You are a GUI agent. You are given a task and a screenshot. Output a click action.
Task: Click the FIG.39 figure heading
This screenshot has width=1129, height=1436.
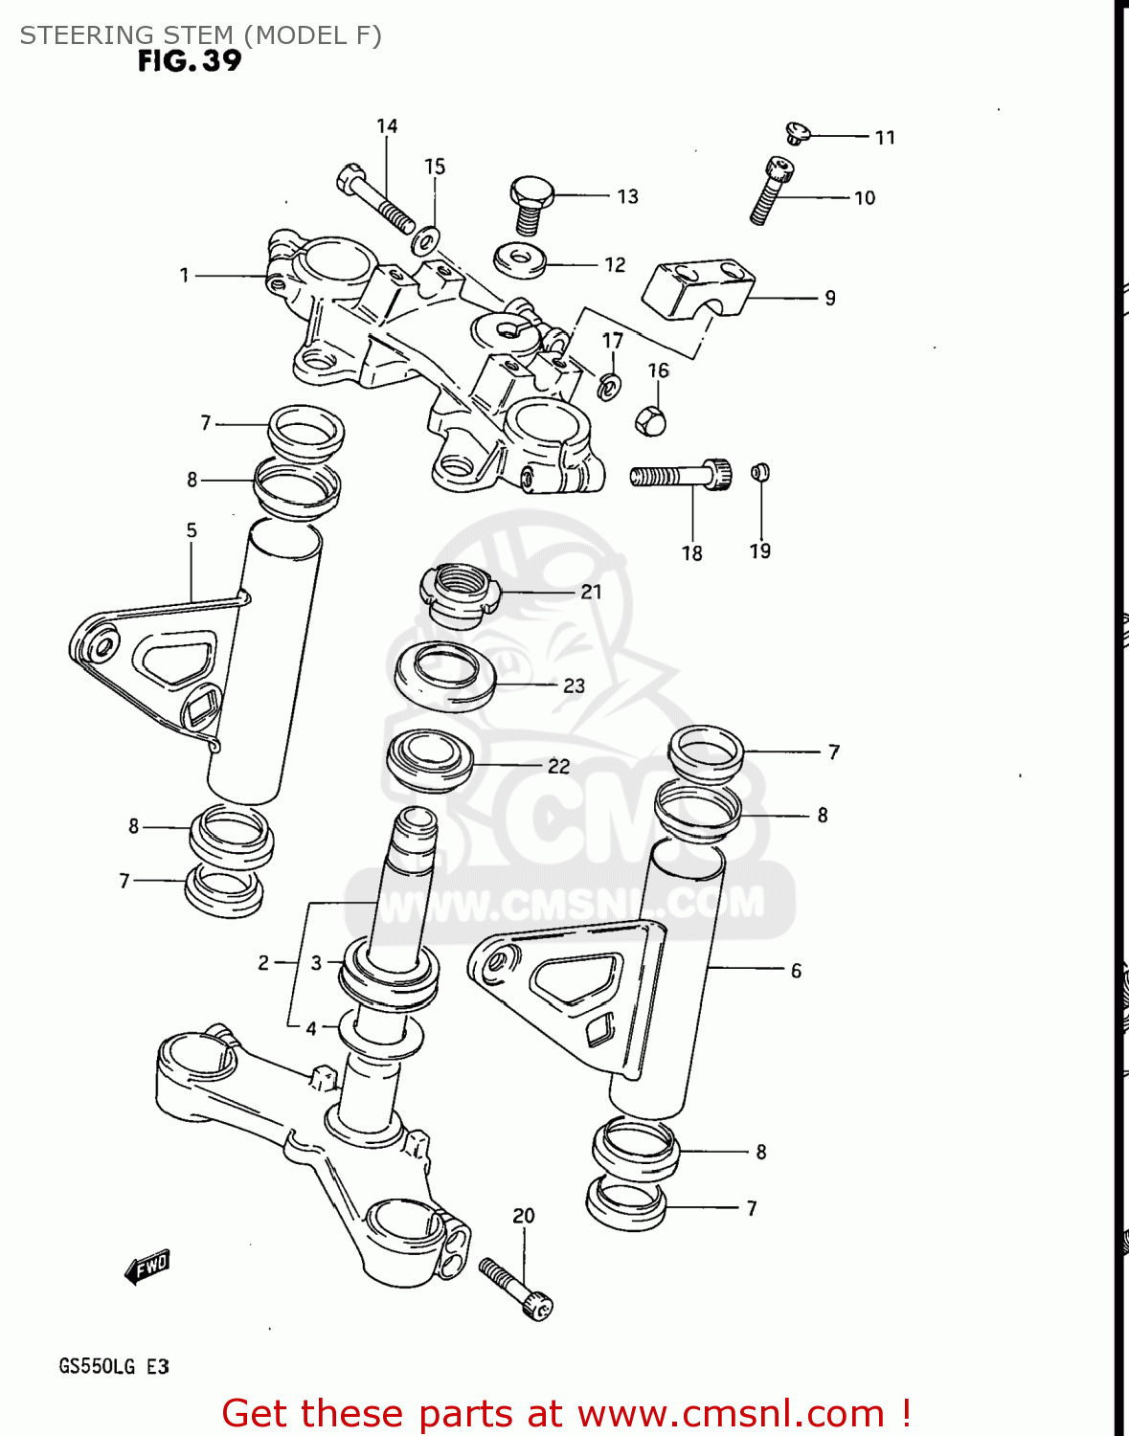(x=190, y=60)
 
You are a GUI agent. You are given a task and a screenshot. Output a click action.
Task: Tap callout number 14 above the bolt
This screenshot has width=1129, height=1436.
(x=387, y=126)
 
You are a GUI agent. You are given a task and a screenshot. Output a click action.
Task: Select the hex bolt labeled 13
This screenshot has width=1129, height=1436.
(x=527, y=203)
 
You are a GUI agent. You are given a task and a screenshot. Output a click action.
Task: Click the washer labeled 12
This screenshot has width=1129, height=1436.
(x=520, y=258)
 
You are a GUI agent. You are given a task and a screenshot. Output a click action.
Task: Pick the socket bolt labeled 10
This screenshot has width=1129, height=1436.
(x=771, y=191)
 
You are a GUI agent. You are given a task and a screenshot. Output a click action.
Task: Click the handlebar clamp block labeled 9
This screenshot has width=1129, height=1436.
(x=697, y=287)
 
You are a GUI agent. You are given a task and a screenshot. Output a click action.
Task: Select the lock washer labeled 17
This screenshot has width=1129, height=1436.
(x=609, y=385)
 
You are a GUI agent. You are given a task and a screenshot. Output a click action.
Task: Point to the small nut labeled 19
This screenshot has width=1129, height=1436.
(x=760, y=471)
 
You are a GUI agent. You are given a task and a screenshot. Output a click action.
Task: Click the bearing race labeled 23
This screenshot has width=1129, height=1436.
(x=445, y=676)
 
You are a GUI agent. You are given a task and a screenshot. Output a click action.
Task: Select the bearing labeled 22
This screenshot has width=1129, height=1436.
(x=430, y=760)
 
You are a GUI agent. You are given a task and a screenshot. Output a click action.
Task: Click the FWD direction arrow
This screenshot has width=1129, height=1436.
(x=147, y=1268)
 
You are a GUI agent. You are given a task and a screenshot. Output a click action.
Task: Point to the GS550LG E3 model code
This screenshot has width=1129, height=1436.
(x=114, y=1366)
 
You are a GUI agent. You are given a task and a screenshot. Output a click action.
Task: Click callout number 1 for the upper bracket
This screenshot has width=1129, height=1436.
(x=185, y=276)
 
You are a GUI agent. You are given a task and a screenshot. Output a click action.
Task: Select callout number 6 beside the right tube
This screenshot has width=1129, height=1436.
(x=796, y=971)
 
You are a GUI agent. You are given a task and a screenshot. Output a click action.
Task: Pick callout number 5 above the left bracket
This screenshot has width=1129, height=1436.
(x=192, y=530)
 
